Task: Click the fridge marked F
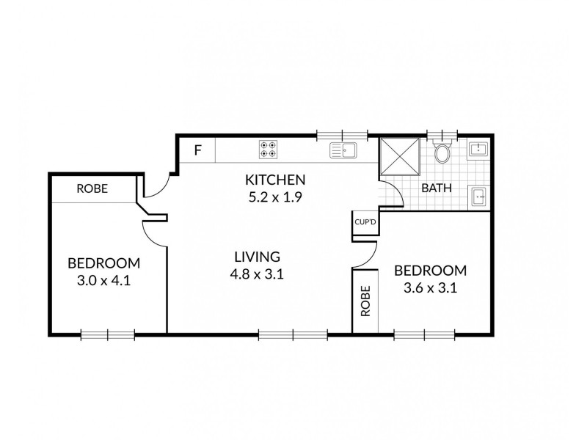(197, 151)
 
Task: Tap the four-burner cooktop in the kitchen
(269, 150)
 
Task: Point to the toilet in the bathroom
(442, 153)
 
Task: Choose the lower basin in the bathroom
(478, 196)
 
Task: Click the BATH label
(436, 188)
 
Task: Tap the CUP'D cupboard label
(365, 221)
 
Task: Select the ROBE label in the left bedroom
(92, 188)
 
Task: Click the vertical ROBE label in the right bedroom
(365, 301)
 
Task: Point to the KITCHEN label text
(274, 180)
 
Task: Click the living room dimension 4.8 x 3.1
(258, 275)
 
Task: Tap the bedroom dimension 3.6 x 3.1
(431, 287)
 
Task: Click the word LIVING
(258, 257)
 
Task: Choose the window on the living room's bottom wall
(293, 334)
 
